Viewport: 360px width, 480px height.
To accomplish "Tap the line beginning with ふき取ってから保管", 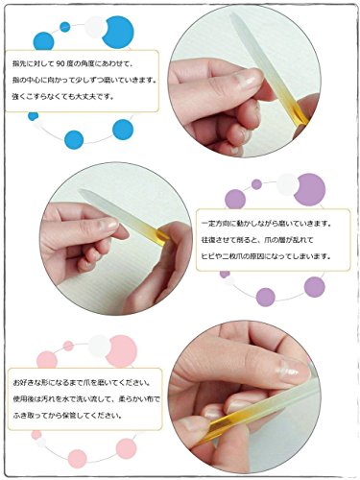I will tap(67, 416).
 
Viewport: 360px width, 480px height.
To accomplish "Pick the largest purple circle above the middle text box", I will tap(309, 187).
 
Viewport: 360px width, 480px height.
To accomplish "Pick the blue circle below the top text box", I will tap(122, 130).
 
